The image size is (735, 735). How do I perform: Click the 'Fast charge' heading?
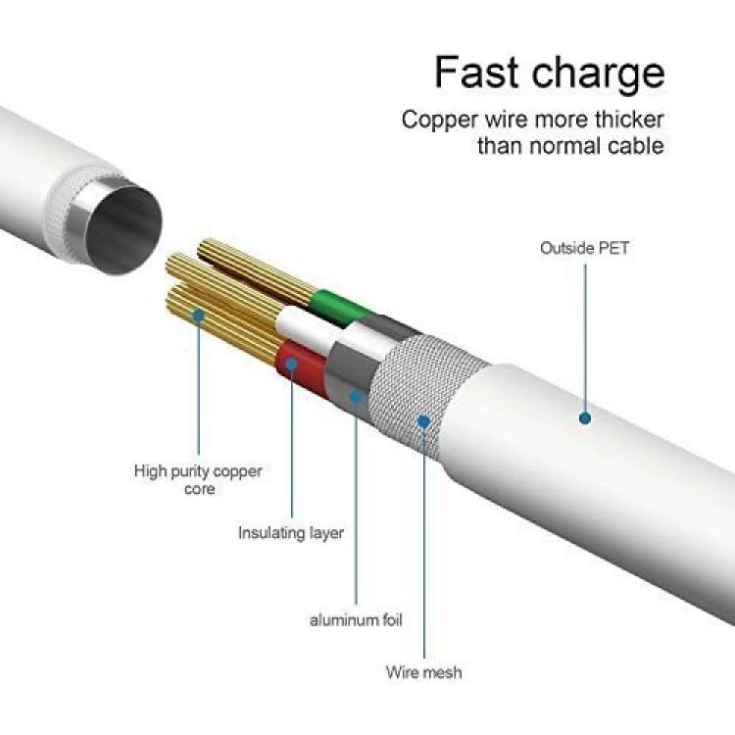click(x=550, y=73)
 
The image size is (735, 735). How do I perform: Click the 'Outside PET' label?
click(x=584, y=248)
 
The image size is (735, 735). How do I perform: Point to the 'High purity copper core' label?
click(x=198, y=479)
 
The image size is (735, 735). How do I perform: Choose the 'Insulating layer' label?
click(x=291, y=533)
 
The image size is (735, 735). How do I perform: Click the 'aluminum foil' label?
click(x=357, y=620)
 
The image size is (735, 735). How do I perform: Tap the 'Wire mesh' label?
click(x=423, y=672)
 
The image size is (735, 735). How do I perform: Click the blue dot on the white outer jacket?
click(x=584, y=417)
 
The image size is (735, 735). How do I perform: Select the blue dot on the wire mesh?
click(x=423, y=421)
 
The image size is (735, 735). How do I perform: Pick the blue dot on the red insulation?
click(x=292, y=365)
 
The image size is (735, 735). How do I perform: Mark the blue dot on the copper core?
click(x=199, y=315)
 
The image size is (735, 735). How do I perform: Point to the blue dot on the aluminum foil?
click(x=357, y=398)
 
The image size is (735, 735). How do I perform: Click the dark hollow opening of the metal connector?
click(x=124, y=229)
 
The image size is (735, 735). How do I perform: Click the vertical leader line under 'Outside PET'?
click(x=585, y=338)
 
